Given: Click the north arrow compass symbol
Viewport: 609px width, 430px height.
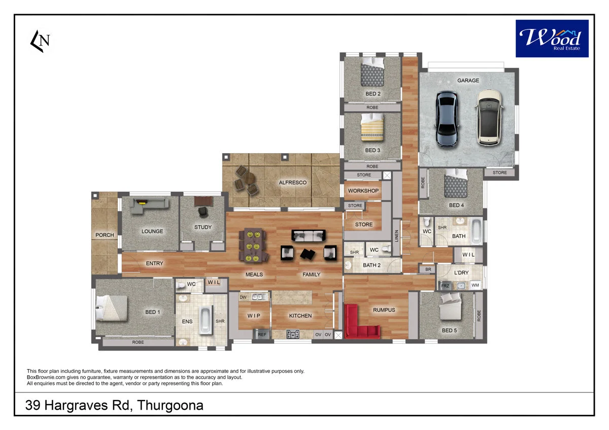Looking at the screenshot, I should (x=40, y=41).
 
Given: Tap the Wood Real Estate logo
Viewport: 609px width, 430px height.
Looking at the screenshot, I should (x=552, y=39).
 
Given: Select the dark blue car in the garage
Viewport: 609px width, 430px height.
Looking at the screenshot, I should (x=447, y=119).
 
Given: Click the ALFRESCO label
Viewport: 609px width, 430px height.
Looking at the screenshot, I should (x=293, y=183).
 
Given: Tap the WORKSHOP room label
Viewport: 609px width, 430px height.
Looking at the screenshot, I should (x=363, y=191).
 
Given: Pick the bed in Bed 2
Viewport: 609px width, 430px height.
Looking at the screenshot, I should (x=373, y=74).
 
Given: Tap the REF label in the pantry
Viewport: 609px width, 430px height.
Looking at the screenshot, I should (x=262, y=335).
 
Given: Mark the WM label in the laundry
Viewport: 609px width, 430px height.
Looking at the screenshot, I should (x=475, y=285).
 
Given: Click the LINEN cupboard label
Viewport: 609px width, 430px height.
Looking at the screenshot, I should (x=396, y=236).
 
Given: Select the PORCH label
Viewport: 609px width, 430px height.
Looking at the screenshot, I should (x=105, y=235).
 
